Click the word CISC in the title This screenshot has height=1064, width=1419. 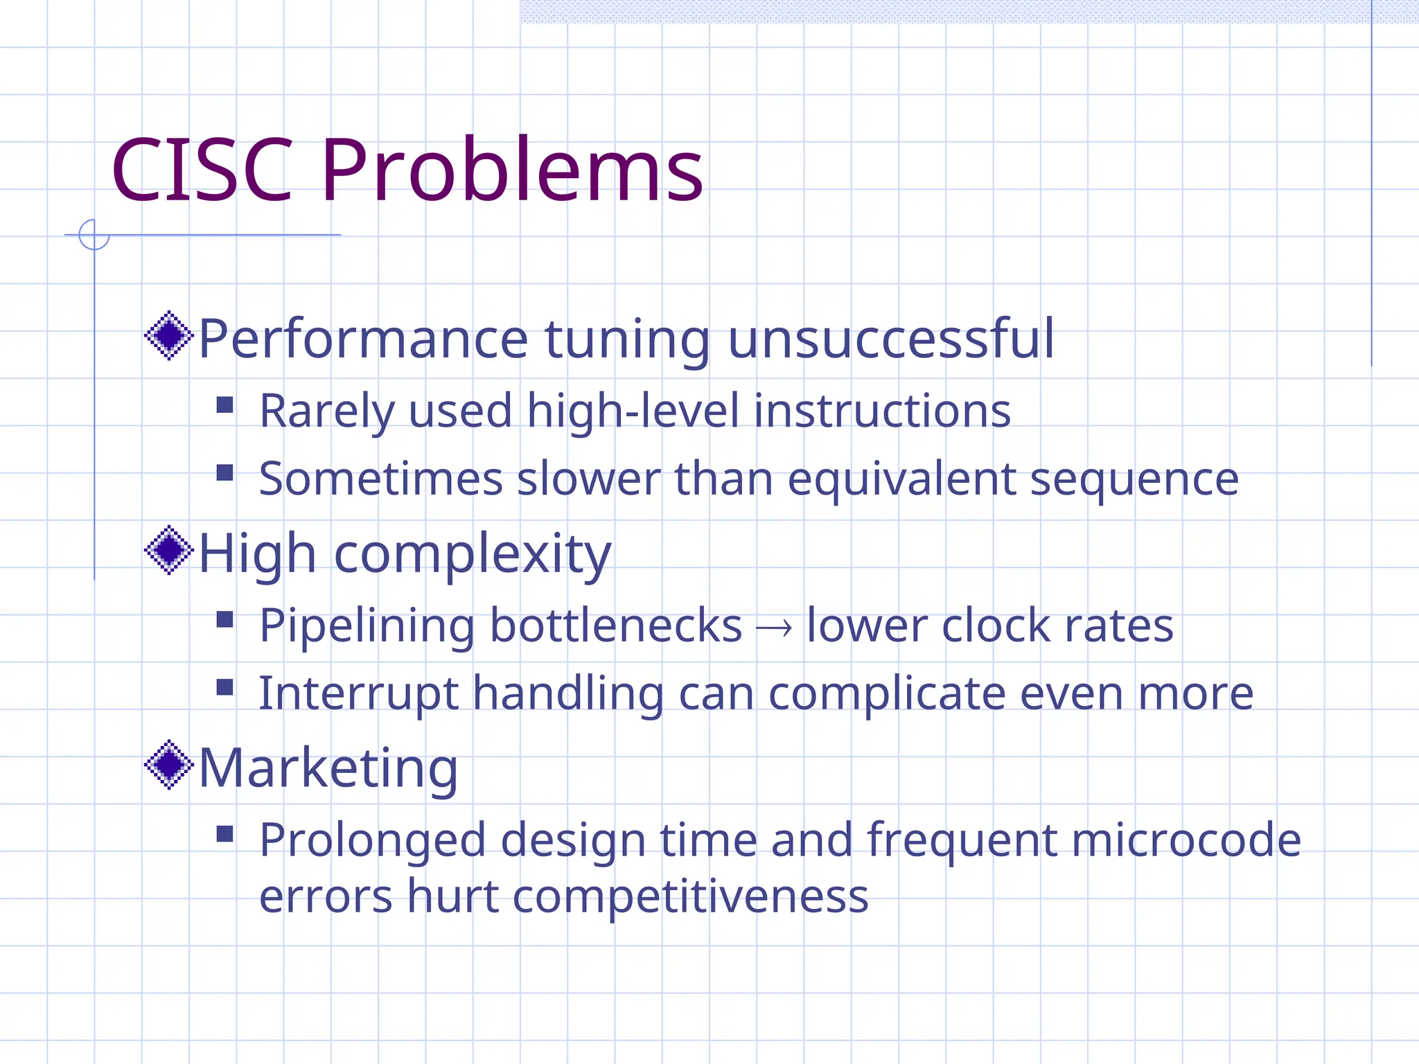(x=202, y=170)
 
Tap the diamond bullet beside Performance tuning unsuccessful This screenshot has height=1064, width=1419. (x=168, y=336)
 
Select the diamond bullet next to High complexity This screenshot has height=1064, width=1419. (x=168, y=551)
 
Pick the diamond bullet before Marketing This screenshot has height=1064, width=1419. (x=168, y=765)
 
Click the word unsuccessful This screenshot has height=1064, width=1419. (x=891, y=339)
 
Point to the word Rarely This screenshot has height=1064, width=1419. (x=326, y=411)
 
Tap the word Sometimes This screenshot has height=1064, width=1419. (x=380, y=479)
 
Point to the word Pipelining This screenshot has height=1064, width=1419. (x=367, y=627)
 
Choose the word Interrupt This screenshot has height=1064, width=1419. (x=358, y=694)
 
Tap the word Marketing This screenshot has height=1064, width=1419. (x=328, y=769)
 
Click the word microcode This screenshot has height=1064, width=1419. (x=1186, y=840)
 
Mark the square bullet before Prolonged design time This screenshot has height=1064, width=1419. (x=224, y=833)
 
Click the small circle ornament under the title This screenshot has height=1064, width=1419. (x=94, y=235)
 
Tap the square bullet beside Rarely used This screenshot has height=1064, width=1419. (x=224, y=405)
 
